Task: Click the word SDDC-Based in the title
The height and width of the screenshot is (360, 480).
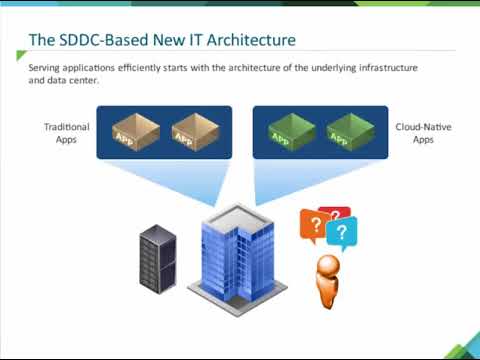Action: click(x=111, y=41)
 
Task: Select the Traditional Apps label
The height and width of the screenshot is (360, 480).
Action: click(x=66, y=134)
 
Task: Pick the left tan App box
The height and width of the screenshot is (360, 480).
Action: click(x=132, y=131)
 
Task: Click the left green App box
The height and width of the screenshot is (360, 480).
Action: click(x=291, y=131)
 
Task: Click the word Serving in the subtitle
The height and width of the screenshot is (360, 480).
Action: click(x=46, y=66)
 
